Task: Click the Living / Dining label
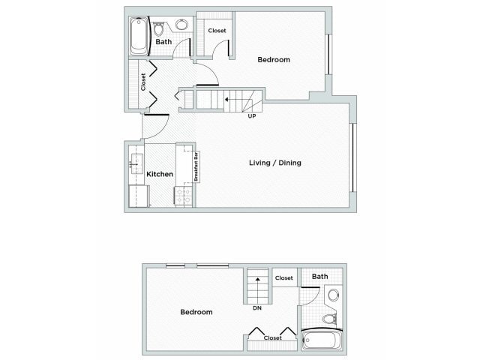[275, 163]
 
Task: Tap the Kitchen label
[160, 174]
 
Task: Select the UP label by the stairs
[252, 116]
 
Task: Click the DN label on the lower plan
[256, 307]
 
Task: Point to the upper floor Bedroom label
[274, 60]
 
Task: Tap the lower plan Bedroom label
[196, 312]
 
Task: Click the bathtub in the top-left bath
[139, 36]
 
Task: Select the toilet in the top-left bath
[158, 28]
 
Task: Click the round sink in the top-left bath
[181, 25]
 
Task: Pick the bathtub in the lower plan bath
[321, 342]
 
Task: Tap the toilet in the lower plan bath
[329, 319]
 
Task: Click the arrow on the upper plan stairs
[228, 99]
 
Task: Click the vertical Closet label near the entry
[143, 81]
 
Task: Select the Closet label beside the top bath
[217, 31]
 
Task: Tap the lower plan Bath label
[319, 277]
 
